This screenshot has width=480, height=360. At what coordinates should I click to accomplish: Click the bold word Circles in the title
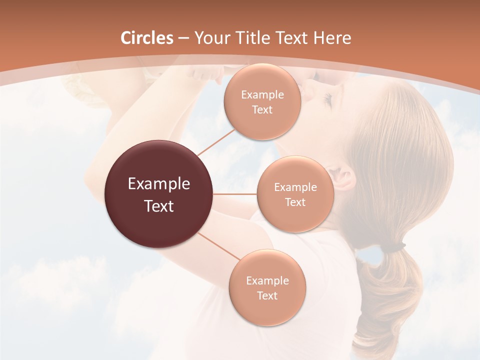click(x=147, y=38)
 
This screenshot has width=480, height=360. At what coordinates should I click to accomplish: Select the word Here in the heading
click(x=332, y=38)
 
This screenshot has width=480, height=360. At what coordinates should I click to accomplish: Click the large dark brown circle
click(x=159, y=194)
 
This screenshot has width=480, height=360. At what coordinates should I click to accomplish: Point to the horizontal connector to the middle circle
click(x=234, y=194)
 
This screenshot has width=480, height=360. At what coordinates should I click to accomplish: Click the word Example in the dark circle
click(x=159, y=184)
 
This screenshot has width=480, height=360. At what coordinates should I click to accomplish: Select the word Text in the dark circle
click(x=159, y=206)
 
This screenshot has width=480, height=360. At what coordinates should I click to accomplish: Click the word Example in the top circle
click(x=262, y=95)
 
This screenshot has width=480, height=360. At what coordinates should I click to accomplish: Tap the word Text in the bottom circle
click(x=267, y=295)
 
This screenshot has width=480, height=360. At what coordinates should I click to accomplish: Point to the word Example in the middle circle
click(x=295, y=187)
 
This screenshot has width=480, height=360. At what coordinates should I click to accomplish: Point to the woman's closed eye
click(x=327, y=100)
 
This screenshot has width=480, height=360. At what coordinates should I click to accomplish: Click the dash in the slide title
click(x=183, y=38)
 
